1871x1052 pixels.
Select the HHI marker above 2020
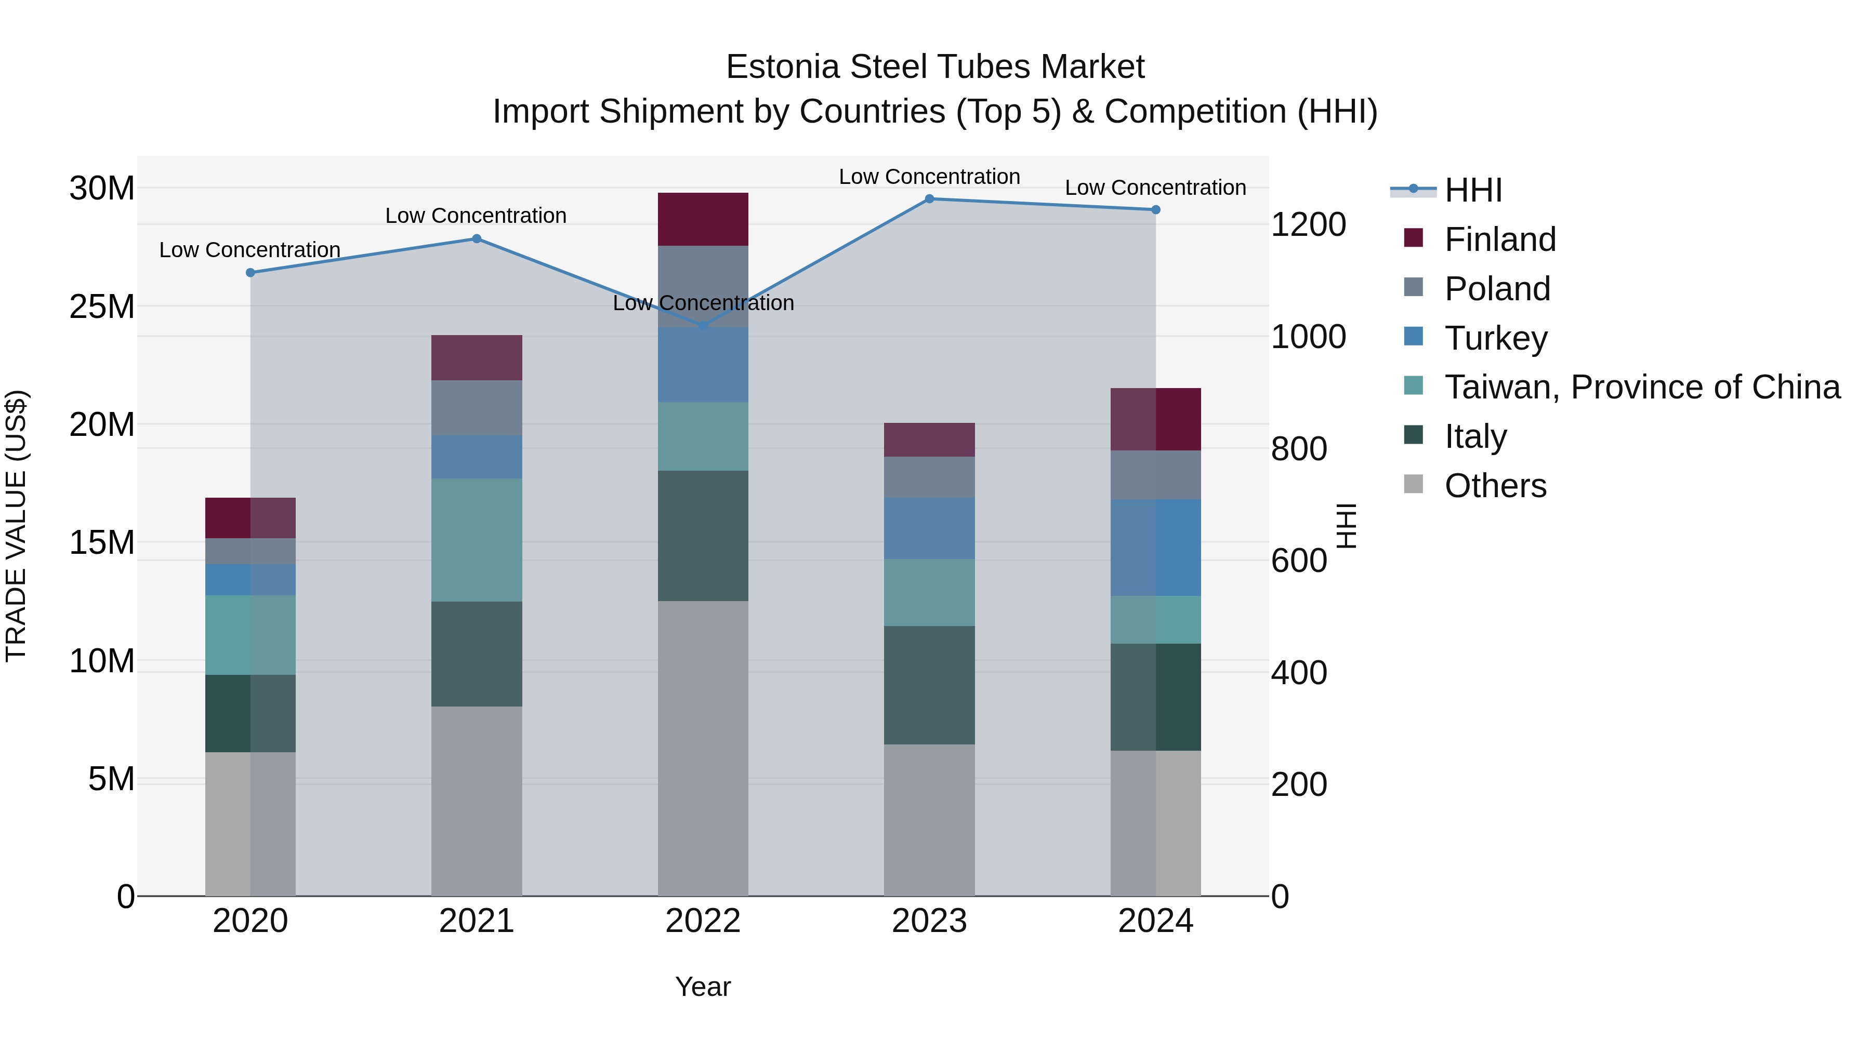[x=251, y=273]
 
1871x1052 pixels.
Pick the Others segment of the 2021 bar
[x=477, y=801]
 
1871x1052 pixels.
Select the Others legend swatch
[x=1414, y=484]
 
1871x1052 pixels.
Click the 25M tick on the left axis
[x=102, y=307]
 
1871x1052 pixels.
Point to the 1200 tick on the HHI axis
[x=1308, y=224]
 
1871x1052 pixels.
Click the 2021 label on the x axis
[x=477, y=921]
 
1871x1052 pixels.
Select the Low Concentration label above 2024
[x=1155, y=188]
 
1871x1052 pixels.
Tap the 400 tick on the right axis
[x=1299, y=673]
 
